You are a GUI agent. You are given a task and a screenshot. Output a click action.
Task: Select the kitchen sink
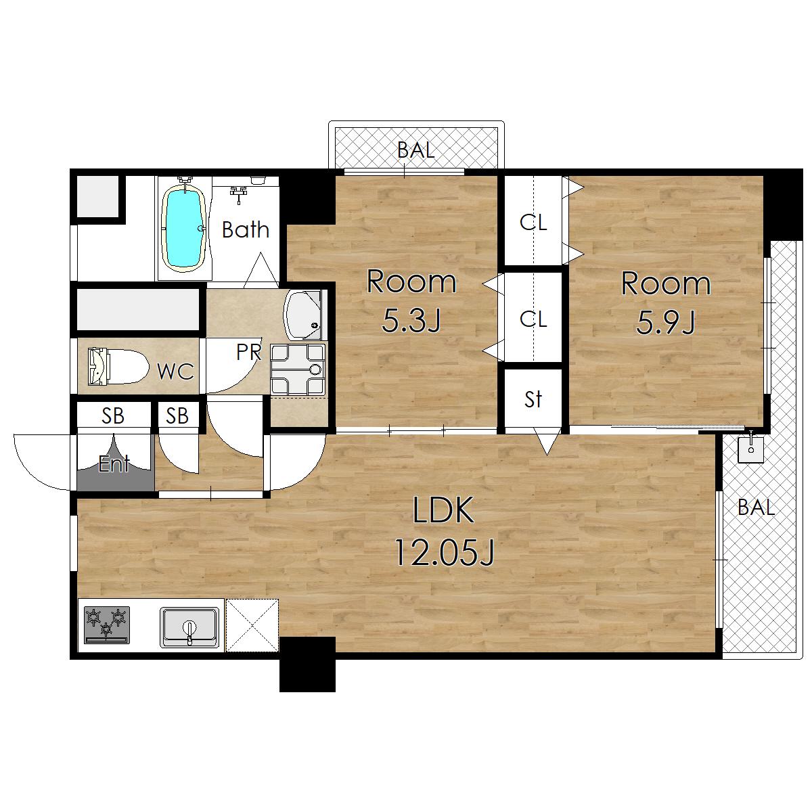tap(189, 627)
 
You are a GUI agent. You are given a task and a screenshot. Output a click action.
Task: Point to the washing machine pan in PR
tap(298, 369)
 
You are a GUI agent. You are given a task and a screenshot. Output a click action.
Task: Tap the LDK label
tap(443, 510)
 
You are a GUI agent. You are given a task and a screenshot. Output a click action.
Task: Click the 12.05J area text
tap(443, 553)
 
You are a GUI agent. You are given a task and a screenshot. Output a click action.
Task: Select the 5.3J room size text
tap(411, 321)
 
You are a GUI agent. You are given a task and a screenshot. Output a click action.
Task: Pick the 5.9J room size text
tap(666, 322)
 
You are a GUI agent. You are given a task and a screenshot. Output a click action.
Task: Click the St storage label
tap(533, 399)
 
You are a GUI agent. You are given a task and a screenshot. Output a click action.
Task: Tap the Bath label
tap(245, 229)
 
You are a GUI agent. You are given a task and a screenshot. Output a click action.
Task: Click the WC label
tap(175, 371)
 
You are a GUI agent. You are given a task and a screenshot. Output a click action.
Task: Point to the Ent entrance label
tap(114, 464)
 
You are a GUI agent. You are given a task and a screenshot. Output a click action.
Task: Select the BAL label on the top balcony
tap(415, 150)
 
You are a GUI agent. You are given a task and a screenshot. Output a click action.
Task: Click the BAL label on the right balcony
tap(757, 507)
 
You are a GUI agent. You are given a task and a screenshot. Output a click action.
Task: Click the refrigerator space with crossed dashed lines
tap(252, 625)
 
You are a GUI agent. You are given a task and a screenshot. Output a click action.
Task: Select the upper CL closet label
tap(533, 222)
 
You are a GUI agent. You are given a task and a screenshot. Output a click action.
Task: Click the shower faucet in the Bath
tap(238, 194)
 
